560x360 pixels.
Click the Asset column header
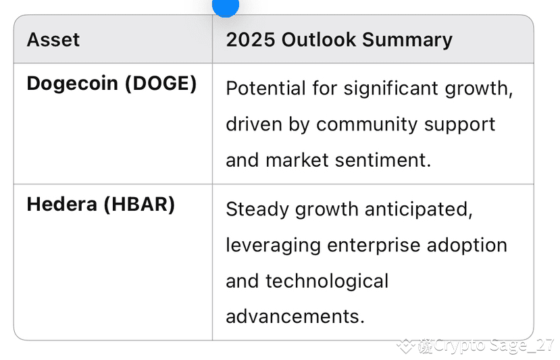(x=53, y=39)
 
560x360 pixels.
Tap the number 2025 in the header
(x=251, y=39)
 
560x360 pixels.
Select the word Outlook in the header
(x=319, y=39)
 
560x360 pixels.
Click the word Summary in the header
(x=407, y=41)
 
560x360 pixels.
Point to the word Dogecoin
(x=72, y=84)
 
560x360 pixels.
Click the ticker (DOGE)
(x=161, y=84)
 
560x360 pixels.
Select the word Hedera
(x=61, y=205)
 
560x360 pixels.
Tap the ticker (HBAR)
(x=139, y=205)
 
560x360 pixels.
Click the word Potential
(x=265, y=88)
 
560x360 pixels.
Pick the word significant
(x=390, y=89)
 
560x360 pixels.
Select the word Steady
(x=257, y=210)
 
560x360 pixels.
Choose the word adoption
(x=467, y=246)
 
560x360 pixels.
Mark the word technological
(x=327, y=282)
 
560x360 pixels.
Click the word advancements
(x=295, y=316)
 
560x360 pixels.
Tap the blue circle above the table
(x=226, y=5)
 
